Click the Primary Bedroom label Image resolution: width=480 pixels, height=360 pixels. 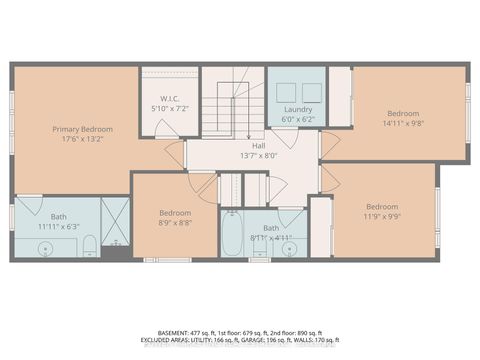coord(82,130)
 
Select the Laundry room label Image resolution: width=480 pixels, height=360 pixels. coord(298,109)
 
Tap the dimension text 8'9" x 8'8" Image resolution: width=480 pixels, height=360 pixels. coord(175,221)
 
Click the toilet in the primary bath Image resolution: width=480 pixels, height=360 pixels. coord(88,245)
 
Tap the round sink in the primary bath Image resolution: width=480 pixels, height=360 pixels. coord(50,245)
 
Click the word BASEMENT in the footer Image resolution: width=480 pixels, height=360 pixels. coord(178,331)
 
